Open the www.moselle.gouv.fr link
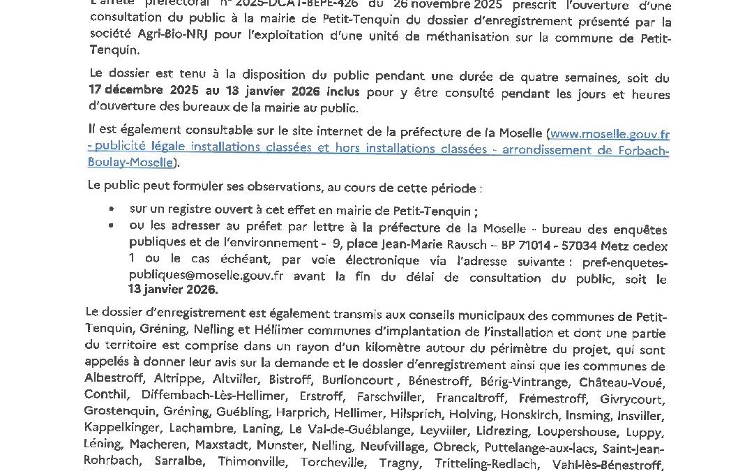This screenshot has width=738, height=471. pos(610,134)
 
